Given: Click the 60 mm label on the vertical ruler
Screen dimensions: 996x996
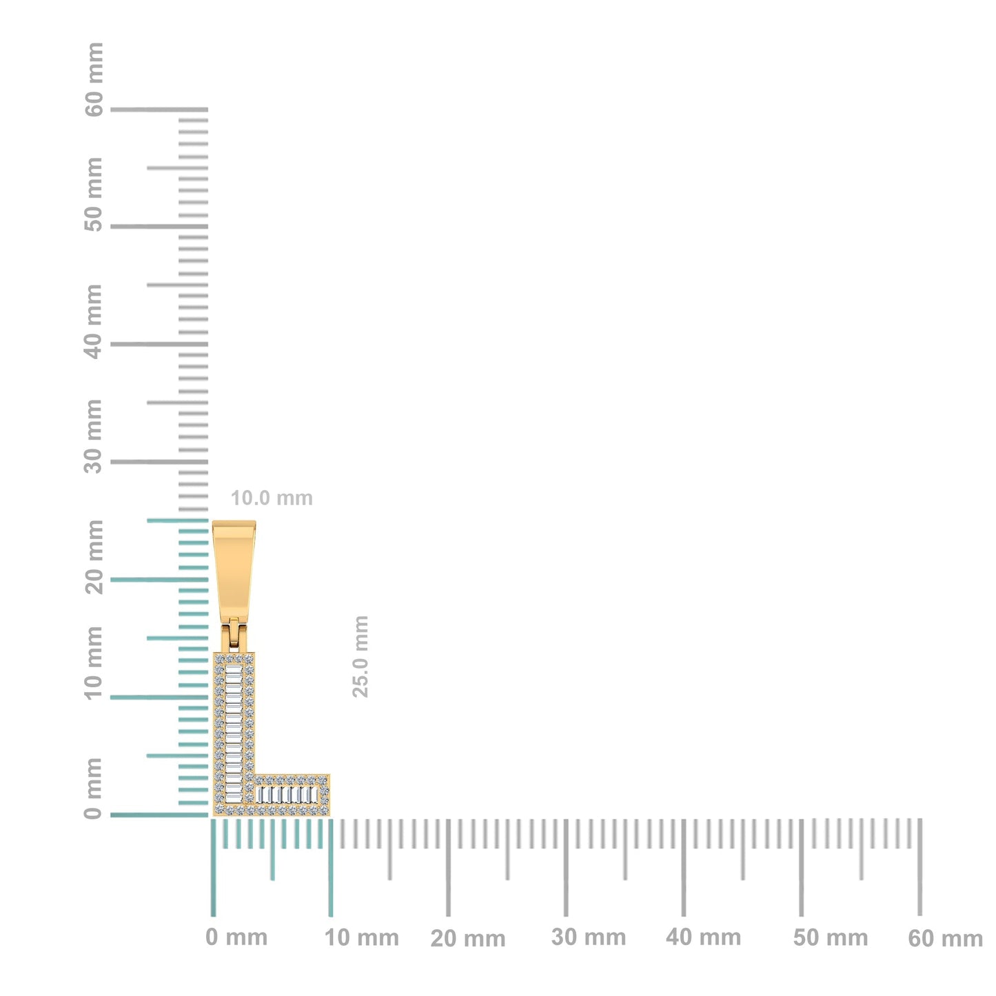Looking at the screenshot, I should click(94, 80).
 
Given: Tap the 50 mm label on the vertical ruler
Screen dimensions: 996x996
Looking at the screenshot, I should click(94, 194).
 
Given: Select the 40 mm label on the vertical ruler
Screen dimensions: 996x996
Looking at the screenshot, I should click(94, 321).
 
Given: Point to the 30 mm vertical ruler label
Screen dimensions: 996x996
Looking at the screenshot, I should click(94, 436).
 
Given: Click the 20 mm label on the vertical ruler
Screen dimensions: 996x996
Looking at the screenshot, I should click(94, 557).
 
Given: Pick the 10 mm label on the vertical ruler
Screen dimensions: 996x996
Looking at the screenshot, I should click(94, 662).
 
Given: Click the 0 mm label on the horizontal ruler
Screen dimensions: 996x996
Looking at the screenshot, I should click(236, 937).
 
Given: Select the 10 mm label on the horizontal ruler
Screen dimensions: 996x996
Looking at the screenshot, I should click(362, 937).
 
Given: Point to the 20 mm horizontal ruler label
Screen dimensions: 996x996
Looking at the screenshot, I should click(468, 938).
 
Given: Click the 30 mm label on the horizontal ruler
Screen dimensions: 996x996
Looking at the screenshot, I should click(589, 937).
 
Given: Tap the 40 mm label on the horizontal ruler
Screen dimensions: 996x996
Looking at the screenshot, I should click(704, 937).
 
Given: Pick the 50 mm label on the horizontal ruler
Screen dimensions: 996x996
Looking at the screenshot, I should click(831, 937).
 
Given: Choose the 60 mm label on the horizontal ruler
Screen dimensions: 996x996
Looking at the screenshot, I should click(945, 938).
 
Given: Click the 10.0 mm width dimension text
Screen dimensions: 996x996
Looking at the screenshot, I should click(272, 498).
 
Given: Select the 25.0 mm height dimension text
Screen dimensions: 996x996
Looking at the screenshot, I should click(360, 656).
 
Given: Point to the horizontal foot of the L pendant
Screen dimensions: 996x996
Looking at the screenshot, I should click(291, 795).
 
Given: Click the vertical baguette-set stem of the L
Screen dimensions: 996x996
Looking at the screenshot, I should click(234, 724).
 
